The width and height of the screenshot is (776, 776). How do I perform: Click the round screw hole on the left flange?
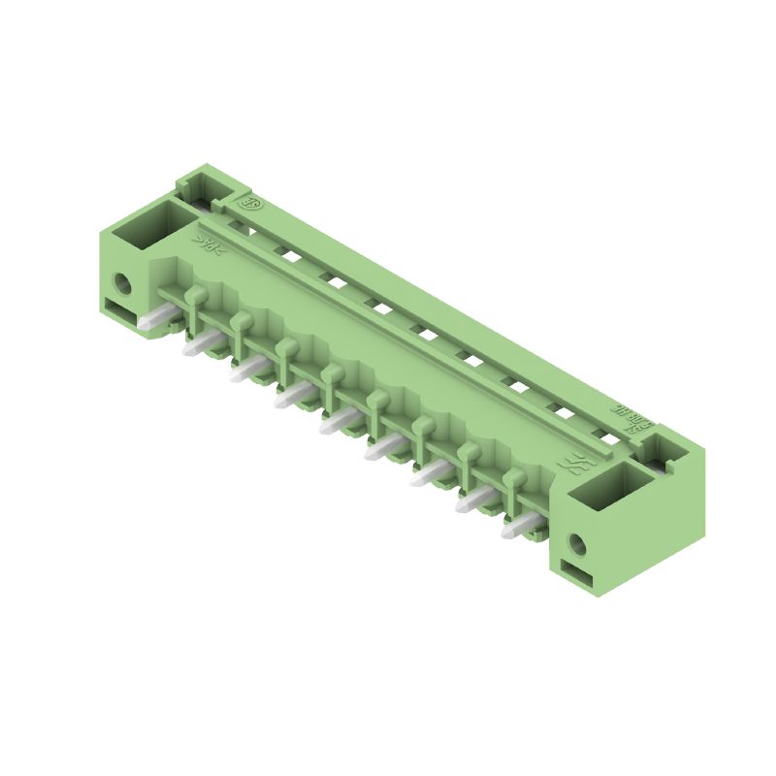point(122,285)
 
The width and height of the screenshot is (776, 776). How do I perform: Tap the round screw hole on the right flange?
point(579,544)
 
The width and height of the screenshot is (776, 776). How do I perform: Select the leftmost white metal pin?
point(153,320)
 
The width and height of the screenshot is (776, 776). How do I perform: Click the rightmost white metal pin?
point(520,529)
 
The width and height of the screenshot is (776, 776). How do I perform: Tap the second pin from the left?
point(200,345)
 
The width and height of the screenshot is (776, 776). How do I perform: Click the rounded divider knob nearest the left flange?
point(195,294)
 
